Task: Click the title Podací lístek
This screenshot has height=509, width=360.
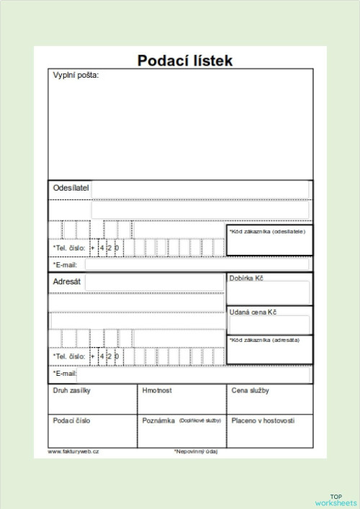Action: pyautogui.click(x=185, y=60)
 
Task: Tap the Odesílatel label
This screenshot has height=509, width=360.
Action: pyautogui.click(x=71, y=188)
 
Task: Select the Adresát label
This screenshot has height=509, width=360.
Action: pyautogui.click(x=67, y=282)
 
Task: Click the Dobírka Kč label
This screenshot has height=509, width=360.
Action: pyautogui.click(x=246, y=278)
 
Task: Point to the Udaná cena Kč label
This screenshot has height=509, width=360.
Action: pyautogui.click(x=253, y=312)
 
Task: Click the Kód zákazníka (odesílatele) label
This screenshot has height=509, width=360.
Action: pyautogui.click(x=267, y=232)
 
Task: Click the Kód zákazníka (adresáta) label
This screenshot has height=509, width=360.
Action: pyautogui.click(x=264, y=340)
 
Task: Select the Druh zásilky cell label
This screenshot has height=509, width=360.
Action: pyautogui.click(x=72, y=391)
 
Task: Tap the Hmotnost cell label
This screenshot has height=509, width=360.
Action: pyautogui.click(x=157, y=391)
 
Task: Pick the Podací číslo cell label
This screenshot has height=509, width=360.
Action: pyautogui.click(x=72, y=420)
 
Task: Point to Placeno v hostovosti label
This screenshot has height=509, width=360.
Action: pyautogui.click(x=263, y=420)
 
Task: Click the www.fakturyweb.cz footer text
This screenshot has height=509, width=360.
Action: pyautogui.click(x=73, y=451)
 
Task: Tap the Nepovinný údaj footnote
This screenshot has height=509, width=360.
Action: pyautogui.click(x=196, y=452)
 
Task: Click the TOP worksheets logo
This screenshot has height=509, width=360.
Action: pyautogui.click(x=336, y=500)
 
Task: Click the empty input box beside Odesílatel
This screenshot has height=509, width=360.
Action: pyautogui.click(x=200, y=189)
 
